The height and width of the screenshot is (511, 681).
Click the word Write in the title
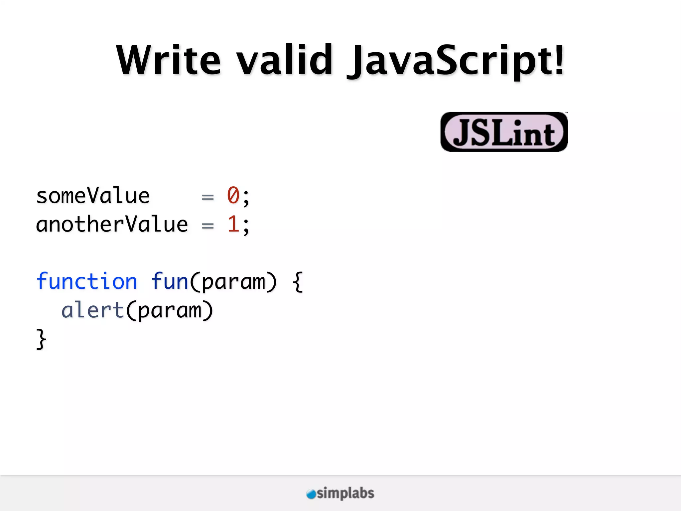[x=168, y=60]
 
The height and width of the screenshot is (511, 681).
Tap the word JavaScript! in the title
[x=456, y=62]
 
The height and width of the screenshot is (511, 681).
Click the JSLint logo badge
[x=504, y=132]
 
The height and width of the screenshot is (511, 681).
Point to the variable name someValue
[x=93, y=196]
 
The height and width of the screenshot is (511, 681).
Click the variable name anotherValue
[x=112, y=225]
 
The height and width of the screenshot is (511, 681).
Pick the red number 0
[x=233, y=195]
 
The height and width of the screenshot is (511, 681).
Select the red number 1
[x=233, y=224]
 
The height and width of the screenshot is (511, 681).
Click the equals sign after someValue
[x=207, y=197]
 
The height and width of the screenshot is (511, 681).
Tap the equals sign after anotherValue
[x=207, y=226]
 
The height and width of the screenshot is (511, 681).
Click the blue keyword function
[x=86, y=281]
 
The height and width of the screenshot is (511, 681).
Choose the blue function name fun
[x=170, y=281]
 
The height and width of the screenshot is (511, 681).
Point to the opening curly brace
[x=298, y=282]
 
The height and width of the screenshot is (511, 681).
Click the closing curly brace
[x=41, y=339]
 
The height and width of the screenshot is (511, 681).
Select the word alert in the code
[x=93, y=310]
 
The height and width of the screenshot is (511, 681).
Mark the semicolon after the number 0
[x=246, y=197]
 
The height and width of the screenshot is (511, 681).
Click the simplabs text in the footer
[x=345, y=493]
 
